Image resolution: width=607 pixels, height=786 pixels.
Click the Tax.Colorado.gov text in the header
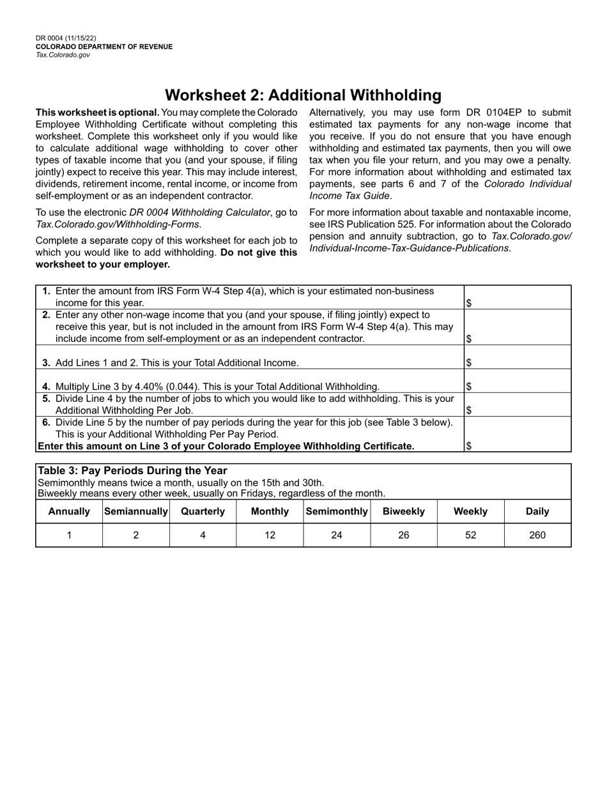(63, 55)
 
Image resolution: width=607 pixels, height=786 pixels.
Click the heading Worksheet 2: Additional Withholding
(303, 95)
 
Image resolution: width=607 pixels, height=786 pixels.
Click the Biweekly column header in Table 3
(404, 511)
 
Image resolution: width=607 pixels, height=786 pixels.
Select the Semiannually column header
(136, 511)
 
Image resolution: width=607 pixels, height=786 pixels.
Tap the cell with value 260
(537, 536)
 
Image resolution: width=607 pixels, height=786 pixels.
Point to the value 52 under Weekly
(470, 536)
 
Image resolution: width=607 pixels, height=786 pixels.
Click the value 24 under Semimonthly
(337, 536)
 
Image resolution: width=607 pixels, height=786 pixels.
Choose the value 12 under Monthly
(270, 536)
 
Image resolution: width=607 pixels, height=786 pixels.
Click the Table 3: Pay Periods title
(132, 471)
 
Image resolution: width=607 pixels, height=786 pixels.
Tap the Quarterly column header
(203, 511)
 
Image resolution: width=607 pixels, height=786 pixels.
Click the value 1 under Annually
(69, 536)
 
